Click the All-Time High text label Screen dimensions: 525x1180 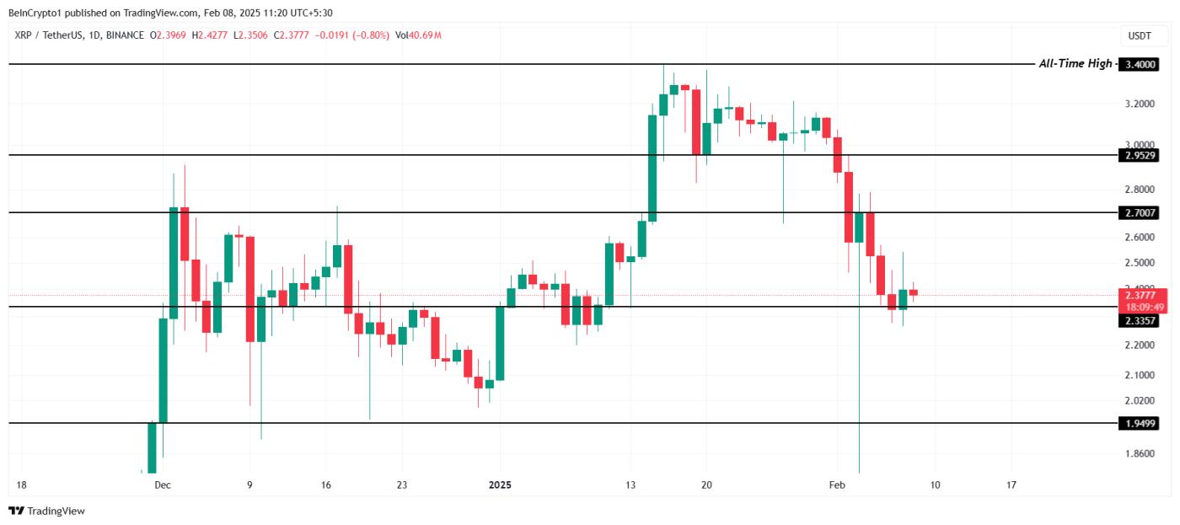(1075, 64)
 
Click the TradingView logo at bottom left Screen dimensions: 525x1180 (47, 511)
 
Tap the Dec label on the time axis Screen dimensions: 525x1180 (163, 485)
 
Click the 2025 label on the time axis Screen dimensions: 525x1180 (501, 485)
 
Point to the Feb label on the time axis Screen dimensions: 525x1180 (836, 485)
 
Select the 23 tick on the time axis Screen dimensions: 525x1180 (402, 485)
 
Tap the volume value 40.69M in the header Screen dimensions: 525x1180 (426, 35)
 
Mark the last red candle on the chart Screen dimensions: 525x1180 (913, 292)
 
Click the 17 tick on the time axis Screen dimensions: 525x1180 (1011, 485)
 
